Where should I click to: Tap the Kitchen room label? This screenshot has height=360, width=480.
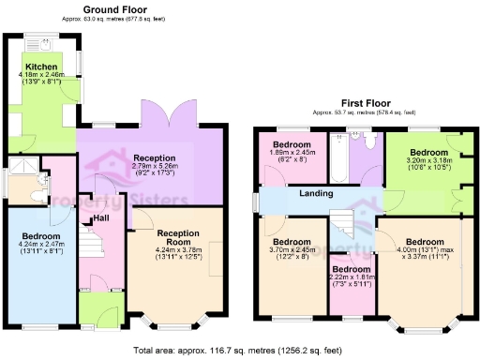[x=41, y=67]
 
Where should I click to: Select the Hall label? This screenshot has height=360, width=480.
[x=101, y=218]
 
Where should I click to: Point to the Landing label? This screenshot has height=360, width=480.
[x=318, y=194]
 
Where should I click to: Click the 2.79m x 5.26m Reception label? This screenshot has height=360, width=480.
[x=155, y=157]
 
